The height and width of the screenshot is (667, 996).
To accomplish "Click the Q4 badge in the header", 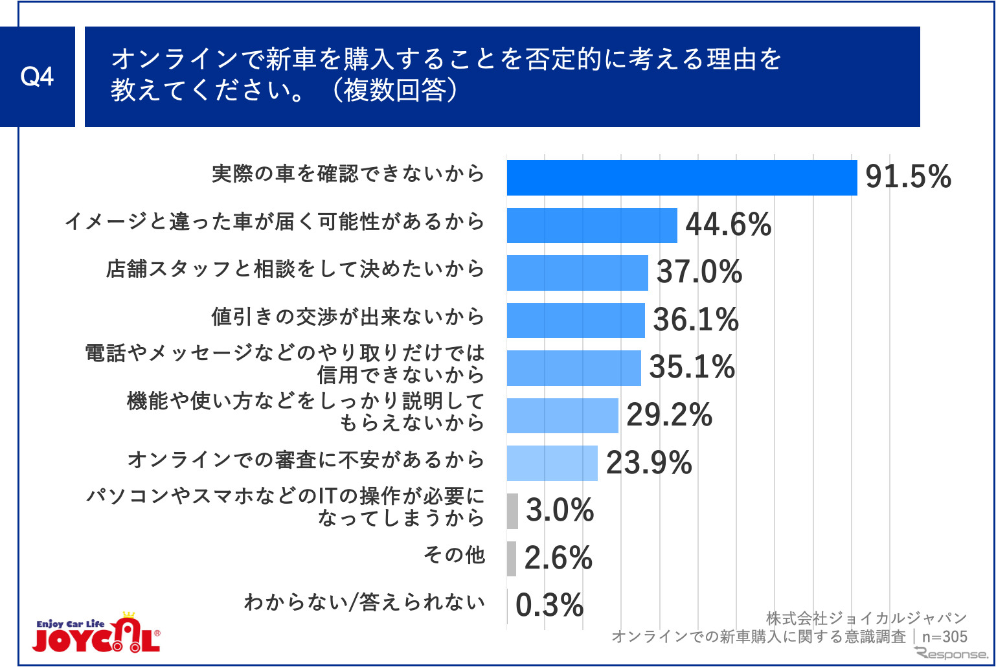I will (37, 76).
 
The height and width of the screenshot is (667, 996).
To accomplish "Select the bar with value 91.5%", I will (681, 177).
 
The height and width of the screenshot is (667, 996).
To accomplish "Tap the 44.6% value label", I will (728, 225).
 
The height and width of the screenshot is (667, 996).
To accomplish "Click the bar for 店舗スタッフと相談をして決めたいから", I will (577, 273).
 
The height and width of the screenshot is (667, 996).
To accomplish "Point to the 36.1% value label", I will (696, 320).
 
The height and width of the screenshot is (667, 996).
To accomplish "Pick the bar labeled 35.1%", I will (574, 368).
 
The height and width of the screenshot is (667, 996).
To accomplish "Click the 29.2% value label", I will (669, 415).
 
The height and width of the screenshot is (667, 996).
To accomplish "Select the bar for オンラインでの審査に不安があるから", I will (552, 463).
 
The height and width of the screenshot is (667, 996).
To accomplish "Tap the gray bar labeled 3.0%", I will (512, 511).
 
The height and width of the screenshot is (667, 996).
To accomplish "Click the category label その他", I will (454, 554).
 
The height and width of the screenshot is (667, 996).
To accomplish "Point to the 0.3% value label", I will (549, 605).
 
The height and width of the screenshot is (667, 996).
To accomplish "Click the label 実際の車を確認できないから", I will (348, 174).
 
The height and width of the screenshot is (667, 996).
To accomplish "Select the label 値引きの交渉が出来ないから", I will (348, 317).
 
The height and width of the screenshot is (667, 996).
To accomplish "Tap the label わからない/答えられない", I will (364, 602).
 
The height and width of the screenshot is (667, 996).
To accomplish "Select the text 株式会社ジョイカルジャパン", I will (866, 618).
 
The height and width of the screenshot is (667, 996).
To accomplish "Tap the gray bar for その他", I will (512, 558).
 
